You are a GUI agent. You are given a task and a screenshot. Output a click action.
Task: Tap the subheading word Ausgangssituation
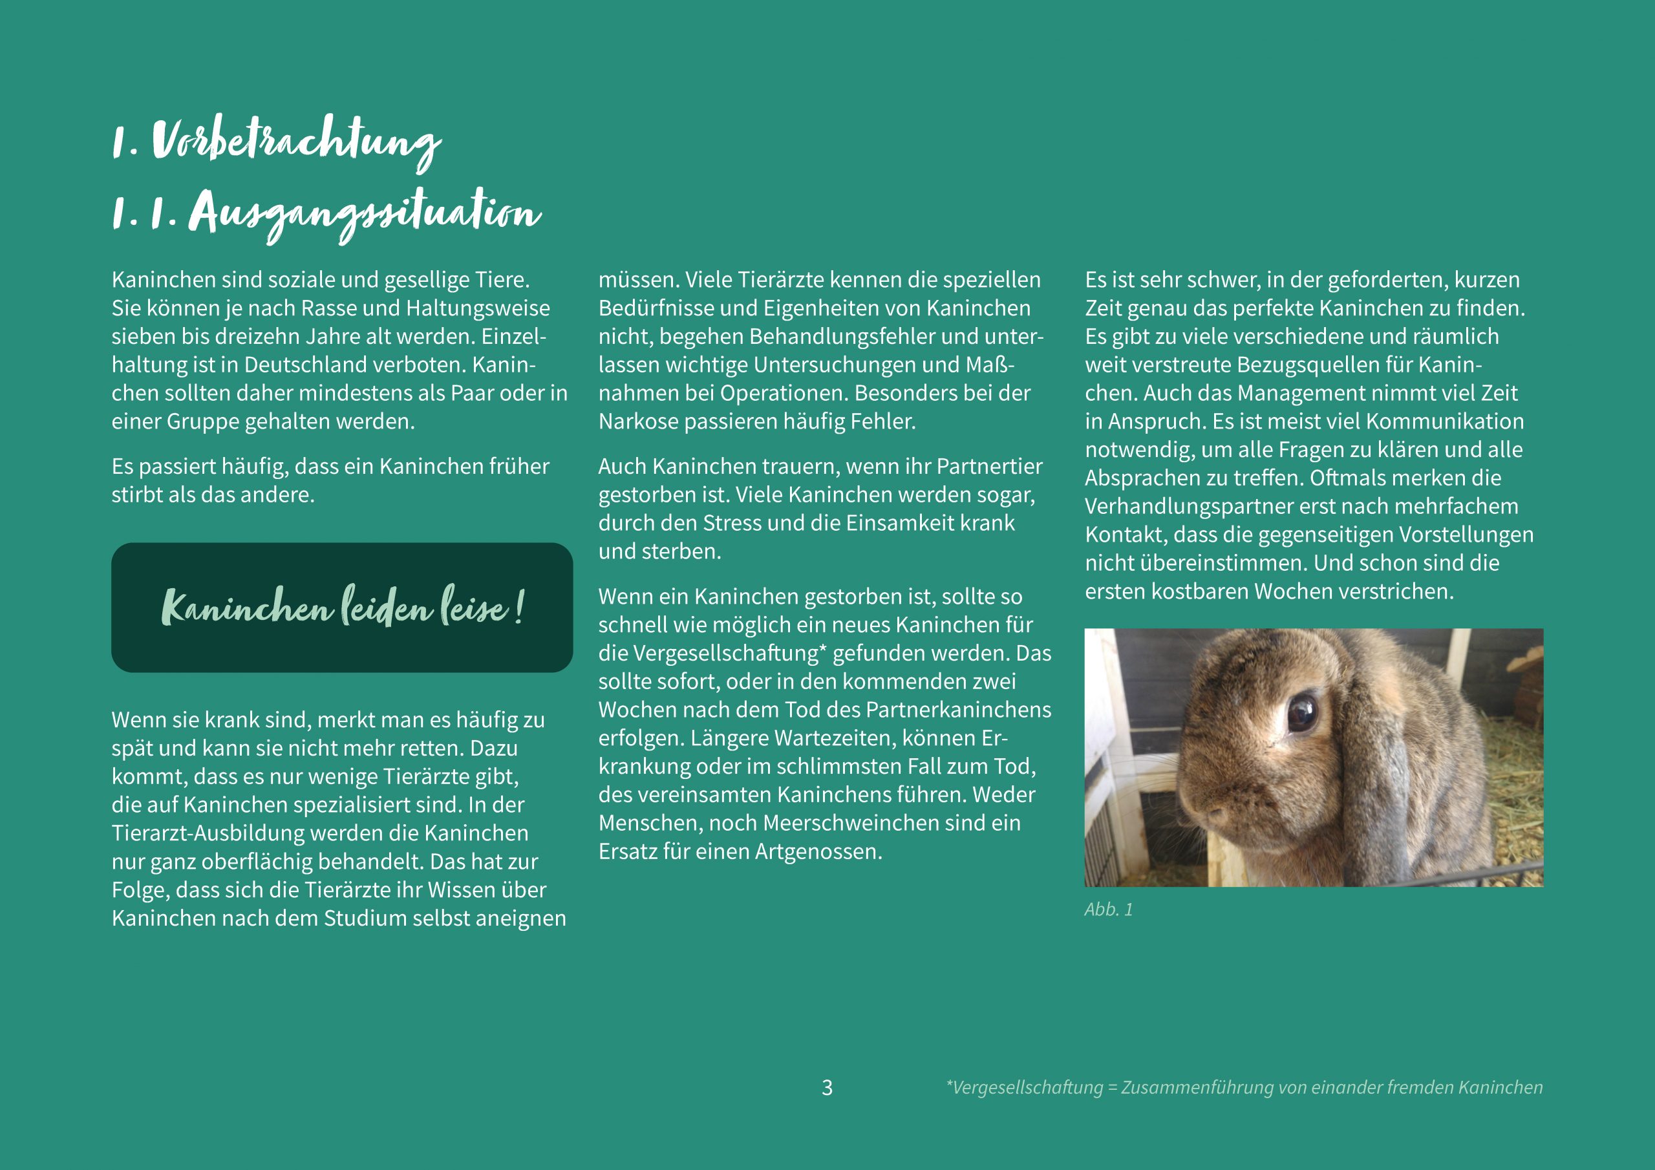point(365,214)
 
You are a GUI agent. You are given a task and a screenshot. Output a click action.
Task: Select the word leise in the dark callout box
point(473,608)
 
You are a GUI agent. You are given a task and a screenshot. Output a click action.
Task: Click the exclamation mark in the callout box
point(520,608)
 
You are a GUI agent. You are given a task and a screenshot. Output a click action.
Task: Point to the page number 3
point(827,1087)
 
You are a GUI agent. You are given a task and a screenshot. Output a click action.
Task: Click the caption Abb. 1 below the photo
point(1108,909)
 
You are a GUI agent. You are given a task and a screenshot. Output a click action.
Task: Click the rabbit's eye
point(1302,713)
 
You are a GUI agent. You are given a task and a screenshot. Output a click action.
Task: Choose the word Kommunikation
point(1444,421)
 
